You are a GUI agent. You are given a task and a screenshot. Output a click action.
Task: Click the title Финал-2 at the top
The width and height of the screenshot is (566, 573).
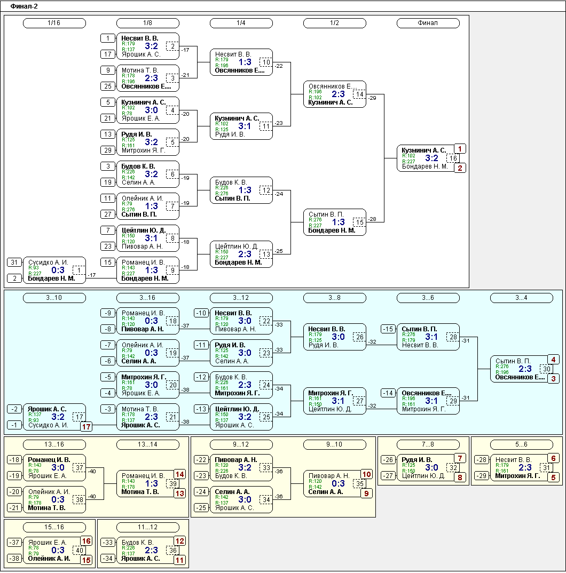(24, 6)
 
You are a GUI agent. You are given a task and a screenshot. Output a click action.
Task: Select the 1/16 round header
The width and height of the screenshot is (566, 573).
(54, 23)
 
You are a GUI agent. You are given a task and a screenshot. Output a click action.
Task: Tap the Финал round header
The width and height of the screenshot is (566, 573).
(428, 23)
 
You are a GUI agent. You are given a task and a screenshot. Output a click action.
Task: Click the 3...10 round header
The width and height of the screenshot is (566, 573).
(54, 298)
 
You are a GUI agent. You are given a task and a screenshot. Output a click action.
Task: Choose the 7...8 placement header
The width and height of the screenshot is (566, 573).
(428, 444)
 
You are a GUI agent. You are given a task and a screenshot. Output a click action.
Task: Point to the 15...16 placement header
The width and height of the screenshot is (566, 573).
(54, 527)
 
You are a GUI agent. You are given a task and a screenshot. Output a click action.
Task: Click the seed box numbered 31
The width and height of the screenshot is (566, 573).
(14, 262)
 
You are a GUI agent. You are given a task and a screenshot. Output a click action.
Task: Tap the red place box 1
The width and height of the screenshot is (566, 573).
(460, 149)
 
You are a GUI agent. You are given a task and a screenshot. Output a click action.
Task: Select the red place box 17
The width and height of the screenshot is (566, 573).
(87, 426)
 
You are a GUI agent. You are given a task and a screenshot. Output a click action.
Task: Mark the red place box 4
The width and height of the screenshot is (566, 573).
(553, 360)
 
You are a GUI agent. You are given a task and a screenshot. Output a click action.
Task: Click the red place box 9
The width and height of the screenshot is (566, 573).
(366, 494)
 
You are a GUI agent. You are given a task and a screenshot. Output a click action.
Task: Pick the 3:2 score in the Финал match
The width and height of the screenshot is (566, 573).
(431, 158)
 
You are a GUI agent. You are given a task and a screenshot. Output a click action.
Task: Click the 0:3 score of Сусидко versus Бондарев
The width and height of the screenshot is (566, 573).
(58, 270)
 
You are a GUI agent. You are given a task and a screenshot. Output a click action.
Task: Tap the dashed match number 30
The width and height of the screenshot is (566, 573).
(547, 369)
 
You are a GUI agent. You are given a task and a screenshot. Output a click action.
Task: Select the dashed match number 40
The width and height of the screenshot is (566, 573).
(80, 551)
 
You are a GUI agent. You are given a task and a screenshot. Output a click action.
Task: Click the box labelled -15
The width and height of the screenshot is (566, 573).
(388, 329)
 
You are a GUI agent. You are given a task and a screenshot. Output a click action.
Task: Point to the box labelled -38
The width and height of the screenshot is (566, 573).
(14, 559)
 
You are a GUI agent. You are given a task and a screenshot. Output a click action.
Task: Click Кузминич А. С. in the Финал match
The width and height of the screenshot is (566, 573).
(424, 150)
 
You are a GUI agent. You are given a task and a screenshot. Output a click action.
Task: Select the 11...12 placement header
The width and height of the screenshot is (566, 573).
(148, 527)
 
